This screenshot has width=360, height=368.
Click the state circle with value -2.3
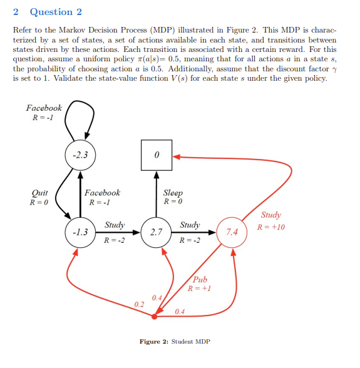(80, 155)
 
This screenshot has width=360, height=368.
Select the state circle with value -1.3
(80, 231)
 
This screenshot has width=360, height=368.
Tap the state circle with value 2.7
(157, 231)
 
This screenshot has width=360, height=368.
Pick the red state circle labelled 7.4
(232, 232)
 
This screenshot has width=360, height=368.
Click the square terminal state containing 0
(157, 155)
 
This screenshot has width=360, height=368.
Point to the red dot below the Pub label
(155, 316)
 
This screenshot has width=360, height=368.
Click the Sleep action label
(173, 193)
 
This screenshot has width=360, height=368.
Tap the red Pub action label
(200, 280)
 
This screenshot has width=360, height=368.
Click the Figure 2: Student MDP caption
(175, 342)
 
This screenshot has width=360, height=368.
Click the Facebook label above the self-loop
(44, 108)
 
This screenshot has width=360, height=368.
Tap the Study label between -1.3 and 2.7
(115, 223)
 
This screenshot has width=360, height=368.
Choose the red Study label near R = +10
(271, 215)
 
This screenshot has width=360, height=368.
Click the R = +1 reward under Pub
(200, 289)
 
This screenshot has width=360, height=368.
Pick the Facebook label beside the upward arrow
(102, 193)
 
